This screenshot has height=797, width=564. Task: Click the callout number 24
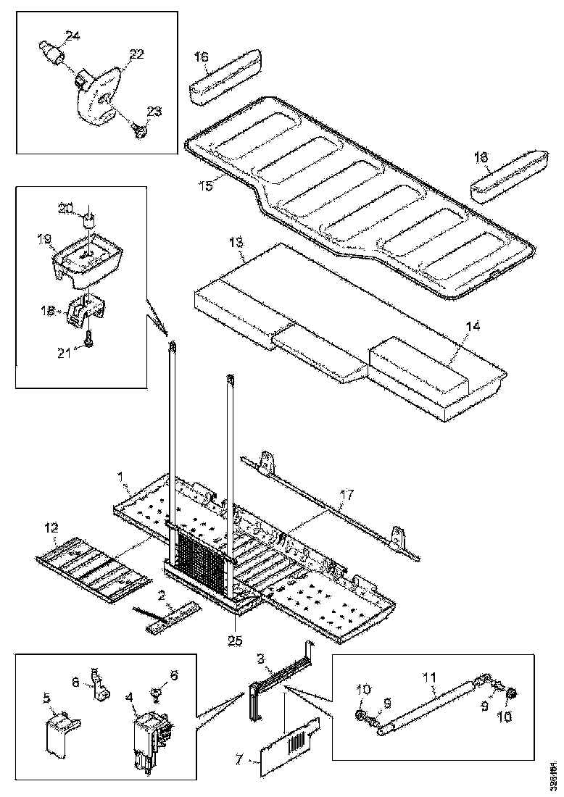(x=73, y=36)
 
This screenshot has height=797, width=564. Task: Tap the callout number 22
(x=137, y=54)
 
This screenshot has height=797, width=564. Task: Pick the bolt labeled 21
(x=87, y=339)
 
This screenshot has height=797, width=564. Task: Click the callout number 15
(x=207, y=186)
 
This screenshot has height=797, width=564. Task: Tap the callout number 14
(x=472, y=327)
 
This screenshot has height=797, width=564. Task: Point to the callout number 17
(x=347, y=496)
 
